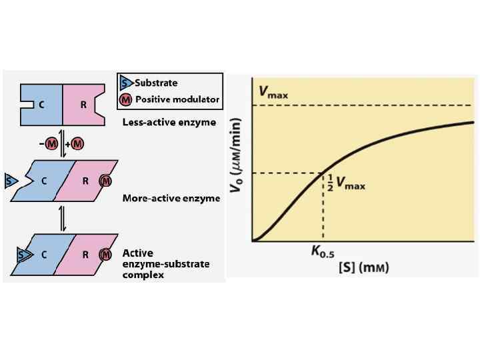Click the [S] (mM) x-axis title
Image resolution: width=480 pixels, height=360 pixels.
[364, 267]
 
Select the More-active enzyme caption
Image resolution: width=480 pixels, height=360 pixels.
[171, 199]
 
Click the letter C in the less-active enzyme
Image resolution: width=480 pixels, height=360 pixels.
[41, 104]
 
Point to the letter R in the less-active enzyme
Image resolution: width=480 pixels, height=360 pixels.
[83, 104]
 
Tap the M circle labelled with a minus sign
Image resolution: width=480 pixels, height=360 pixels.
[52, 144]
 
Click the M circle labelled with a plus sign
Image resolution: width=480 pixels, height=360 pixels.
[77, 144]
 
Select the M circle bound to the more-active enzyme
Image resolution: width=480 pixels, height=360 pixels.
[105, 180]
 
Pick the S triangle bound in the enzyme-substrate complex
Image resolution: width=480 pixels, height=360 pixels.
[23, 254]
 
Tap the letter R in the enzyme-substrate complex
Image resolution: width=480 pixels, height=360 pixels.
[85, 254]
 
